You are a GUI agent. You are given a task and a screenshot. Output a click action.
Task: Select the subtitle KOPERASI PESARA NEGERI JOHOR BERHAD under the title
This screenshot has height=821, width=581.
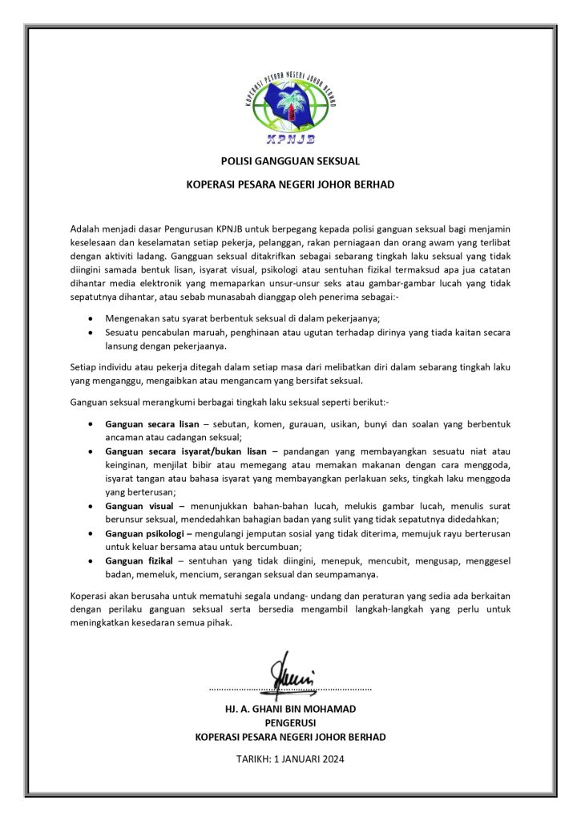coord(290,184)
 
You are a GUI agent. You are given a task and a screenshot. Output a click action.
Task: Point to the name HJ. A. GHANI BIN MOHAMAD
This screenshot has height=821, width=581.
coord(290,710)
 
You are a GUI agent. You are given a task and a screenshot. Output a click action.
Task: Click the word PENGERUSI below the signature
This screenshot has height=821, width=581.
coord(290,722)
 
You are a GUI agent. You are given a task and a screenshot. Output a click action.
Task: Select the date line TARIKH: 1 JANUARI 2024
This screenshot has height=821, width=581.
coord(290,758)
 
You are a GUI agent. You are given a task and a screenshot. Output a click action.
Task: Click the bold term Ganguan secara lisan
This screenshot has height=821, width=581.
coord(152,423)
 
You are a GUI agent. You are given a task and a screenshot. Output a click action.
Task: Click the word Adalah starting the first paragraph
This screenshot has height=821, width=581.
coord(86,229)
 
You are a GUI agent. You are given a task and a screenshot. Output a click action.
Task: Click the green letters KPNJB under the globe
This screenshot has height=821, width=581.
coord(290,138)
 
